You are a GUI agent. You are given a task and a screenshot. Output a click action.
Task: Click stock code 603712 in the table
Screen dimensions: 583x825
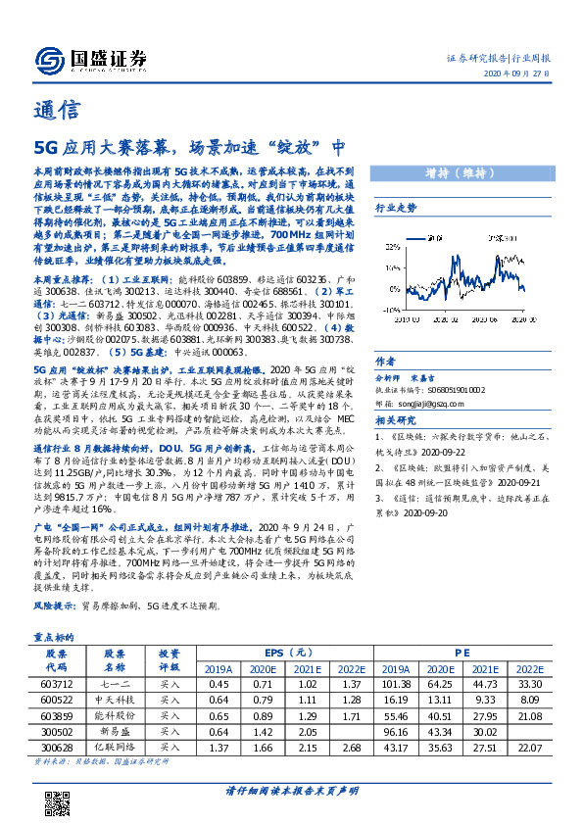(58, 683)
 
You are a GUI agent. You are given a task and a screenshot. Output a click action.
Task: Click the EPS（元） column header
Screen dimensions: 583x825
(289, 653)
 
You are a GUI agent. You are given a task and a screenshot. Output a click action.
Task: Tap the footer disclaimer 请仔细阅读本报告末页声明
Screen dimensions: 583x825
(291, 791)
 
